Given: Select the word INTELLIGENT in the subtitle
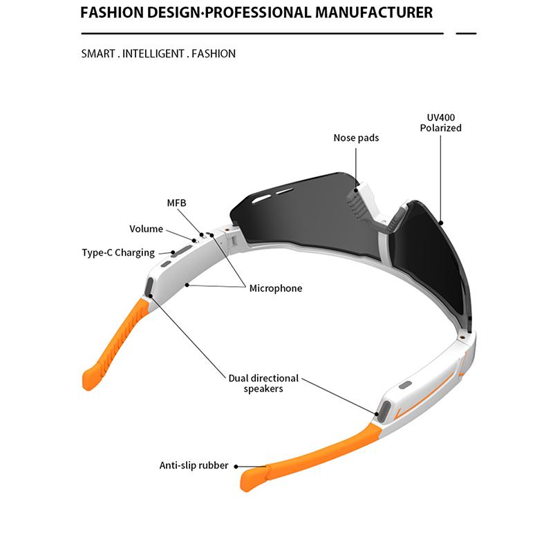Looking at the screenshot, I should (153, 53).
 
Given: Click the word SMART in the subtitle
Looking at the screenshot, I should (97, 53).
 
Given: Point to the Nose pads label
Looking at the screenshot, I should (356, 138).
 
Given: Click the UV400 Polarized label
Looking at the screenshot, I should (440, 122).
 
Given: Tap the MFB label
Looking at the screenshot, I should (177, 203).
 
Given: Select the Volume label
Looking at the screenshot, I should (146, 229).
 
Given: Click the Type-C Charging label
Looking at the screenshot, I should (118, 252).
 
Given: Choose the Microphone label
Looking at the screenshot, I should (275, 288).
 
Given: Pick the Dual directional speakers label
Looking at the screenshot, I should (263, 383).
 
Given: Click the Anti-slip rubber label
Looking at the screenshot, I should (194, 465).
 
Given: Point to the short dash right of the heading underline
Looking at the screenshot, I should (467, 32).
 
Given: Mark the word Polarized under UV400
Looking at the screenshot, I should (440, 128).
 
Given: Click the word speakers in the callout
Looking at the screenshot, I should (263, 388).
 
